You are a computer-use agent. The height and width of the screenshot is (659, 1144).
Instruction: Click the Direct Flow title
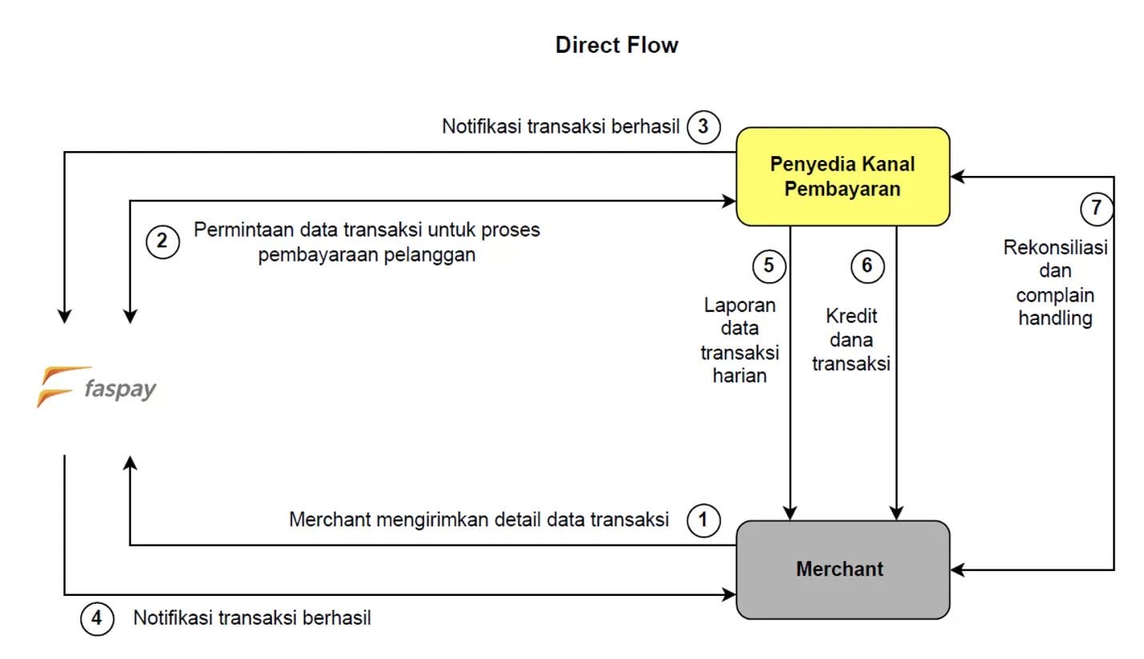616,45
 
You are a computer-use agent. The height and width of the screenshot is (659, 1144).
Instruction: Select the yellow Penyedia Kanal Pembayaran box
842,176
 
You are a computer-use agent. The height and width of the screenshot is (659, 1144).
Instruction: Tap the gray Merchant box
842,569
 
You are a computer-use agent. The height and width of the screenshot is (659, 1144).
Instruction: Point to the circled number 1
703,521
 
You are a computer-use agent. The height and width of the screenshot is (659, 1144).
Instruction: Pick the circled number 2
162,241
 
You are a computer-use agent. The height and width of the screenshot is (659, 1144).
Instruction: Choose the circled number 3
703,127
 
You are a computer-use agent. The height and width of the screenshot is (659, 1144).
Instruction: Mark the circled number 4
97,618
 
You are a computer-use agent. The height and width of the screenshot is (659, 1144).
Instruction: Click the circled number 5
769,266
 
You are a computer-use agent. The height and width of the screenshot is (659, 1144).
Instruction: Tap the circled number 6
867,266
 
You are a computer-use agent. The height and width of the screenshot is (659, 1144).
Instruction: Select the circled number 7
1096,209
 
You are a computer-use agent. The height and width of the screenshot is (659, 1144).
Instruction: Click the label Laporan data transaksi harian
739,340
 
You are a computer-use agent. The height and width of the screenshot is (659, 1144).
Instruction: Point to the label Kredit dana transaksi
851,340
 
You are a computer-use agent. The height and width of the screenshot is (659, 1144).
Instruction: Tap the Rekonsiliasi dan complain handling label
1055,283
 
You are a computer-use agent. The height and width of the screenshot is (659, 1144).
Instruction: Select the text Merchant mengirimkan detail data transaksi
478,520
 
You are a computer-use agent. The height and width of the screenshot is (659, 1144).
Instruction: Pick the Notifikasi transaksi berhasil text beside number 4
252,618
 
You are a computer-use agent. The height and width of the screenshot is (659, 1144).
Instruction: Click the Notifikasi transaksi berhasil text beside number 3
560,127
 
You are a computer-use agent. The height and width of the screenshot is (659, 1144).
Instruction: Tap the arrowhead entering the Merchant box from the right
958,570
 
